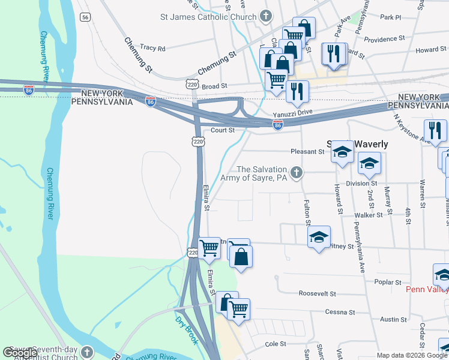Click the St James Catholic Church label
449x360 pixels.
click(x=208, y=17)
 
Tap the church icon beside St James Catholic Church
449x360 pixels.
click(x=267, y=17)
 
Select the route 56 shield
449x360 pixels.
click(x=86, y=17)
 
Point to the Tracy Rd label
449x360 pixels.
click(x=152, y=47)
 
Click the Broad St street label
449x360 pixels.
click(x=214, y=86)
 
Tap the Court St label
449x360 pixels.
click(x=221, y=130)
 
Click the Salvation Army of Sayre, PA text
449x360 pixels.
click(x=262, y=174)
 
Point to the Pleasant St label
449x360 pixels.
click(x=307, y=152)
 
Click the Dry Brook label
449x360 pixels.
click(x=187, y=331)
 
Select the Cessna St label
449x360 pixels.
click(x=340, y=312)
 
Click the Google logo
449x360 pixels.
click(x=20, y=353)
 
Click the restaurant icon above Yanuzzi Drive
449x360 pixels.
click(x=296, y=91)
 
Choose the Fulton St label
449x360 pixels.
click(x=307, y=212)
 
